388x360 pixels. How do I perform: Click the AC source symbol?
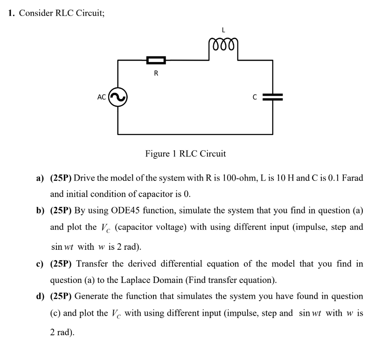(x=118, y=97)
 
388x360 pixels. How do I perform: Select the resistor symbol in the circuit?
(x=156, y=60)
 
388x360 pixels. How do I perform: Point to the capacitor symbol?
(x=273, y=97)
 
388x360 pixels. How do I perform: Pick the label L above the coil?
(x=224, y=29)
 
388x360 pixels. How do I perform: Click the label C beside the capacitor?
(x=255, y=97)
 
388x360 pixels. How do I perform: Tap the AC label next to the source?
(x=102, y=97)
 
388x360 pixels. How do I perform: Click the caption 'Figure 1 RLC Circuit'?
(x=186, y=153)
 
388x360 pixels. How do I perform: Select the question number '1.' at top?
(x=12, y=13)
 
